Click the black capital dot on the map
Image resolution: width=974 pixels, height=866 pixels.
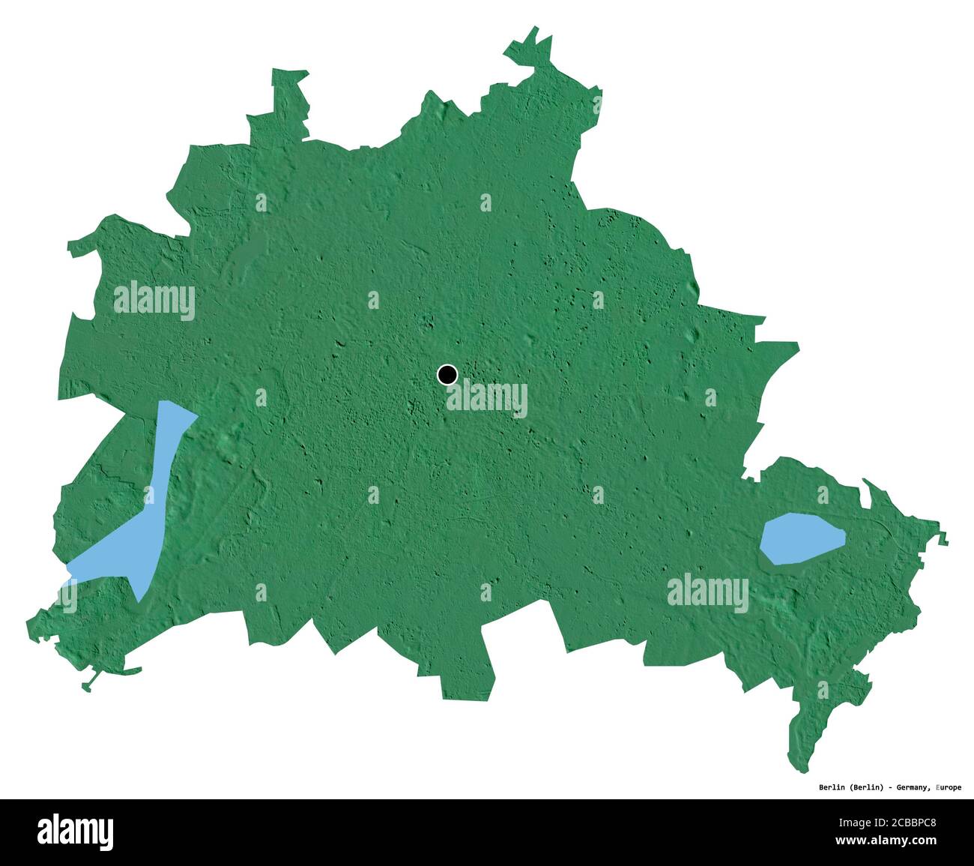447,374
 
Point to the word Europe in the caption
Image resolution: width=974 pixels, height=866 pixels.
949,787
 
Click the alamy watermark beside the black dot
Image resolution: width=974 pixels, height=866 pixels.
487,399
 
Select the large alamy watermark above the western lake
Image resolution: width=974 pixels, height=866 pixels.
154,301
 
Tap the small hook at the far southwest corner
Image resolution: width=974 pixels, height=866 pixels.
89,685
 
